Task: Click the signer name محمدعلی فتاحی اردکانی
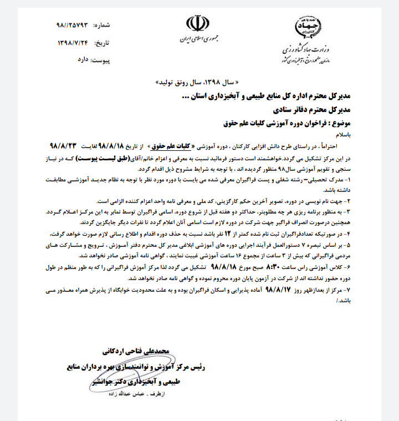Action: [x=132, y=351]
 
